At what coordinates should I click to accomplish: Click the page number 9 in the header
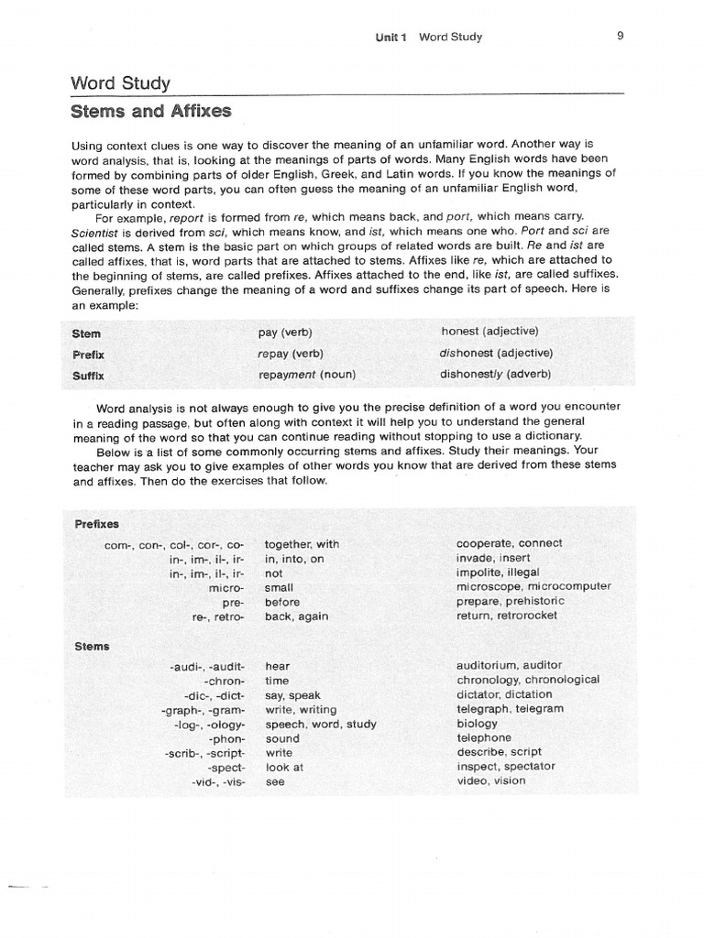click(x=621, y=37)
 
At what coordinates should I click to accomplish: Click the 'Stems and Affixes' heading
click(x=151, y=112)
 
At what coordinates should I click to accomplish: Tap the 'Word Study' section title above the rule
click(x=120, y=83)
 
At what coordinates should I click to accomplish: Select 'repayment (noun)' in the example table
click(x=307, y=375)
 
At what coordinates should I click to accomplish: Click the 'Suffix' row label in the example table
click(x=90, y=376)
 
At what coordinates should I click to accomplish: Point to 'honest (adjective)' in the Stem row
click(x=489, y=331)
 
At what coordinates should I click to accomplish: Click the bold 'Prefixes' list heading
click(x=96, y=524)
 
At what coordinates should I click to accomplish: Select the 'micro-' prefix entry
click(x=227, y=587)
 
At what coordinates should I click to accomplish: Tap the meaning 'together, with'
click(x=302, y=544)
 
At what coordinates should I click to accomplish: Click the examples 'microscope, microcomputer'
click(x=533, y=587)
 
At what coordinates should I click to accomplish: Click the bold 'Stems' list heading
click(x=92, y=646)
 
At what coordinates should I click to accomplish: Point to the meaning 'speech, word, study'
click(x=320, y=724)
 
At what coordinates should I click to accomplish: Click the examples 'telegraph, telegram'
click(x=510, y=709)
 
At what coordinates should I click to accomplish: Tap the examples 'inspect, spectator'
click(x=505, y=767)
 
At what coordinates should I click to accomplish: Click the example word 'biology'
click(x=477, y=724)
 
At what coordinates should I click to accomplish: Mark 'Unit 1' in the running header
click(x=391, y=38)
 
